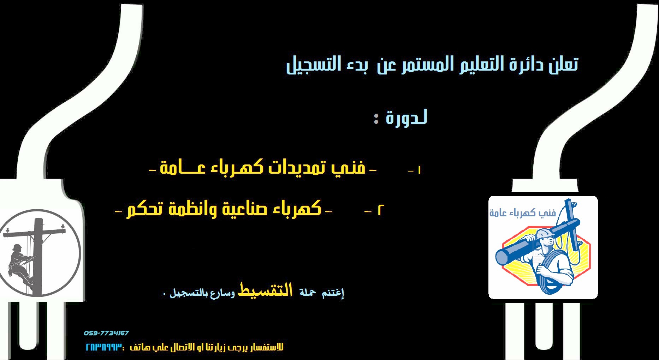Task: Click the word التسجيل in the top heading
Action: pyautogui.click(x=313, y=65)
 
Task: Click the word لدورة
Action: pyautogui.click(x=406, y=117)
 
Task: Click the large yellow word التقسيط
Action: pyautogui.click(x=265, y=290)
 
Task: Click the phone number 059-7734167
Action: pyautogui.click(x=106, y=333)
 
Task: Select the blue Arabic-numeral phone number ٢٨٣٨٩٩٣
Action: pyautogui.click(x=104, y=347)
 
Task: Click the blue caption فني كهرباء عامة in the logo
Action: pyautogui.click(x=523, y=213)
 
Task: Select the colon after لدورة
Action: pyautogui.click(x=376, y=118)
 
